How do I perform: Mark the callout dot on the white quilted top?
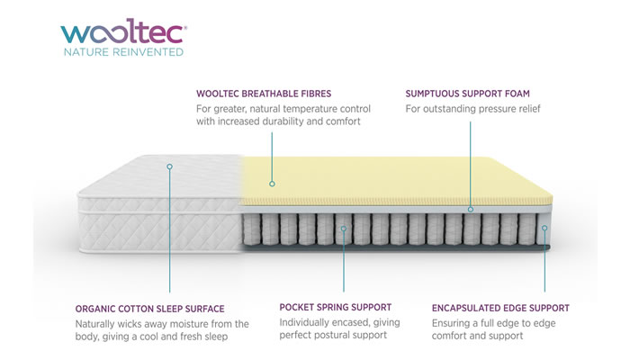pos(168,166)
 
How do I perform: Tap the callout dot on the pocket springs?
pos(345,229)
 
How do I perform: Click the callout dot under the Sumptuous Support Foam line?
pos(470,209)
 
